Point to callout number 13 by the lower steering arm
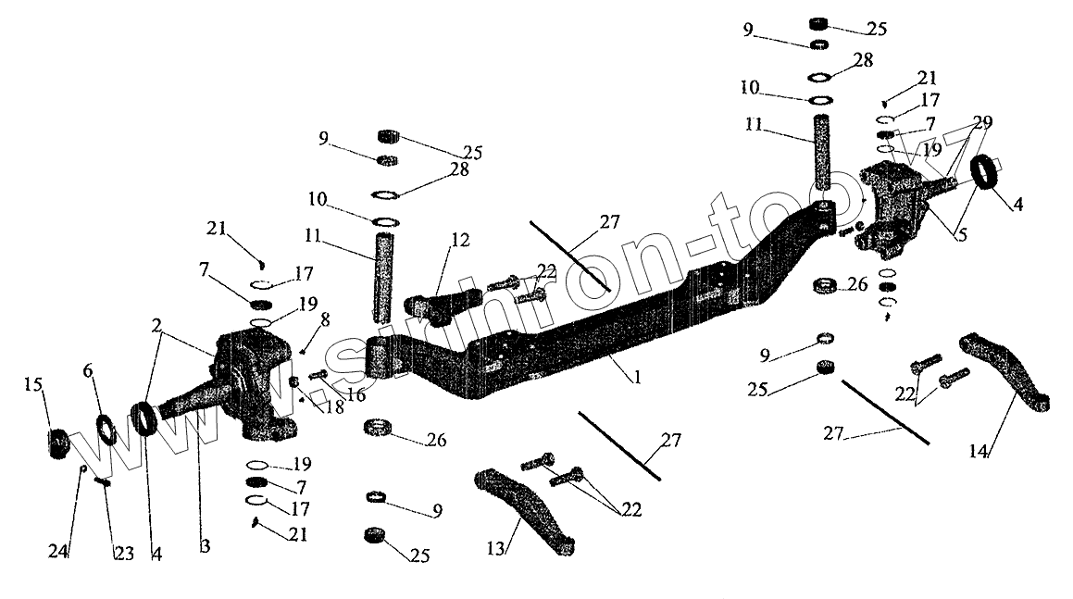495,549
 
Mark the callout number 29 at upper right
981,122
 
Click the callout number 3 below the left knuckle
205,546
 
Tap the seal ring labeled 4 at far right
987,173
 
